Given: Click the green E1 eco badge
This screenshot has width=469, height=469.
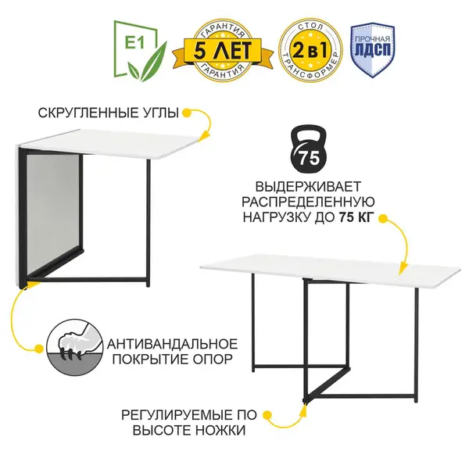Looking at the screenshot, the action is pos(139,50).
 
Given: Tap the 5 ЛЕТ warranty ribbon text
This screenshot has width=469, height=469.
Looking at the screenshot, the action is pos(223,50).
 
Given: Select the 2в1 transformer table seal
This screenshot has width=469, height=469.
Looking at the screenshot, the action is pos(311,50).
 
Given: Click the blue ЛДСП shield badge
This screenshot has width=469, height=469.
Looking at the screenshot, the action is pos(373,51).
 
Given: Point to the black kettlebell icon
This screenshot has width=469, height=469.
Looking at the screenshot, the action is pos(309,149).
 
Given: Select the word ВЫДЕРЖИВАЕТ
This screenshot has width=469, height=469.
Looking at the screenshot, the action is pos(308,187).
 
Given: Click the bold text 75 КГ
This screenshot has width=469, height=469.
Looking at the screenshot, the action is pos(356,217).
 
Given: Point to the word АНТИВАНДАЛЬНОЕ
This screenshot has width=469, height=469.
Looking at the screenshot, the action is pos(172,344).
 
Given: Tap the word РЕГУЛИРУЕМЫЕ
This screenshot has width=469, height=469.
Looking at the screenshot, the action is pos(174,415).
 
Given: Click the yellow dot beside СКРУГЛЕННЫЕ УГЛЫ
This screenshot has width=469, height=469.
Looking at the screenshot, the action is pos(187,113).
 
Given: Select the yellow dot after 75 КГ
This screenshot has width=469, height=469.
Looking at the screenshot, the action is pos(382,218).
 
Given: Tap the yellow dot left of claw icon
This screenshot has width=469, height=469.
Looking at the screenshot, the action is pos(39,349).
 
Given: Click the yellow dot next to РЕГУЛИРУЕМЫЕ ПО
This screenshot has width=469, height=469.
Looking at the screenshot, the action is pos(267,415).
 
